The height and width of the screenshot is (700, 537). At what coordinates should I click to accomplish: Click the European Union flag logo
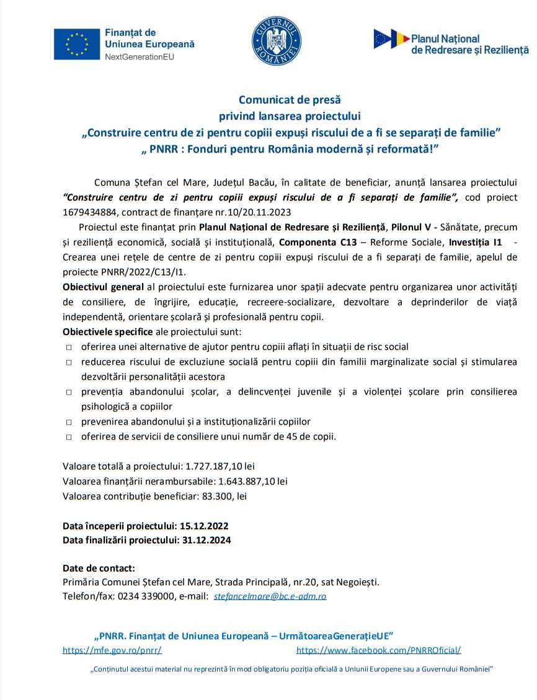click(x=76, y=44)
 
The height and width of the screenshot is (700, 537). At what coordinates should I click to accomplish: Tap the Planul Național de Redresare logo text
click(x=469, y=44)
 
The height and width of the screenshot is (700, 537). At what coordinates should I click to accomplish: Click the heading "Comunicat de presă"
click(x=290, y=99)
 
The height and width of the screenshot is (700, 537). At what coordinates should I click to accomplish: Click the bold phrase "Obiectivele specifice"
click(x=107, y=332)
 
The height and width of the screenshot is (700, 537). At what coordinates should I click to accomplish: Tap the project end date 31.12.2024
click(x=206, y=540)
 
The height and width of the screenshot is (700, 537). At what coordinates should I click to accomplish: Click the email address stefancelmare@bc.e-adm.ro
click(x=270, y=596)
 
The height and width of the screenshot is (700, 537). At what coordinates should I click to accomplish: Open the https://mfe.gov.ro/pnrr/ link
click(x=112, y=650)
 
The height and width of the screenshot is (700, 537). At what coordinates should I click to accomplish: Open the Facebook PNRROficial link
click(x=378, y=650)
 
